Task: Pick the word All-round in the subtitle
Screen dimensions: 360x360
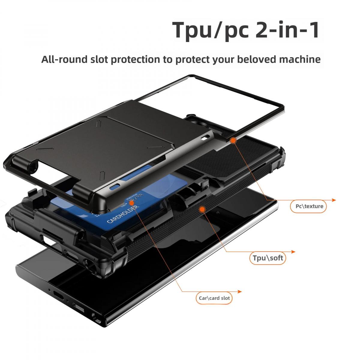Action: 64,59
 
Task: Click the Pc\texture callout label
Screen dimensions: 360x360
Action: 309,206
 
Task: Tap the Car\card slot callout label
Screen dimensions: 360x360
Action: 214,298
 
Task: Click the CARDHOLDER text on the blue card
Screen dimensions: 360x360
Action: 123,214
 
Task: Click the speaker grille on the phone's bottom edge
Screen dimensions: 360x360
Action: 79,308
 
